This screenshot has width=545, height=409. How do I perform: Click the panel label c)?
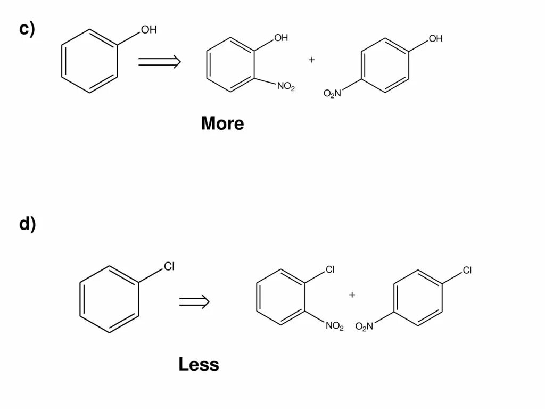pos(27,29)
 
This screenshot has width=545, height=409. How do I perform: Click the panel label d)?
pos(27,224)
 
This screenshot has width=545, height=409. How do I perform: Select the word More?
pos(222,124)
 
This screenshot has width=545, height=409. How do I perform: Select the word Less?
pos(199,364)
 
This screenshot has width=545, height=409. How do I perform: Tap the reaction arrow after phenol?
pos(159,62)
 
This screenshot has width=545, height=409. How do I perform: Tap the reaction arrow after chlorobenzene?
pos(194,302)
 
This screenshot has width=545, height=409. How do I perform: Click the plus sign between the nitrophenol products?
pos(311,60)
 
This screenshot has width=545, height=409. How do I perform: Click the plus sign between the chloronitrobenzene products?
pos(352,295)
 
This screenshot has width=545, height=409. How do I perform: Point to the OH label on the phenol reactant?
pos(148,30)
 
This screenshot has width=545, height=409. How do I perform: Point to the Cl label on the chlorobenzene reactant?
pos(169,266)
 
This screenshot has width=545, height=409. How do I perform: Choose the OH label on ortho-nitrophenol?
pos(281,38)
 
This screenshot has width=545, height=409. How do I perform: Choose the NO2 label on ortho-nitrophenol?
pos(286,87)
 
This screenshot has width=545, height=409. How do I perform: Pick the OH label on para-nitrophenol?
pos(435,38)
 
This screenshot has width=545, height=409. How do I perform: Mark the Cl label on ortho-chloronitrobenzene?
pos(330,270)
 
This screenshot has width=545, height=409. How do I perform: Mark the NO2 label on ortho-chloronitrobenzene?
pos(335,326)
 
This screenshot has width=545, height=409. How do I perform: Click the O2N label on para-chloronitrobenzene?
pos(365,326)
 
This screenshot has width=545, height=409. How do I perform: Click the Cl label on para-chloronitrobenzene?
pos(467,270)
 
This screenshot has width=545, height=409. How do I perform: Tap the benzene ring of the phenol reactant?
pos(89,61)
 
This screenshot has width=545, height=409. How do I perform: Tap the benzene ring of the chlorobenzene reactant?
pos(109,299)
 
